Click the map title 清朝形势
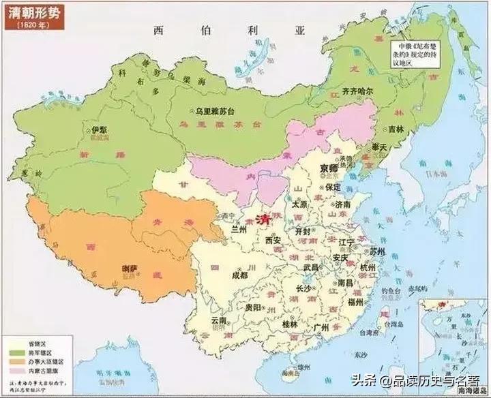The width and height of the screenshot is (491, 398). coord(33,12)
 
